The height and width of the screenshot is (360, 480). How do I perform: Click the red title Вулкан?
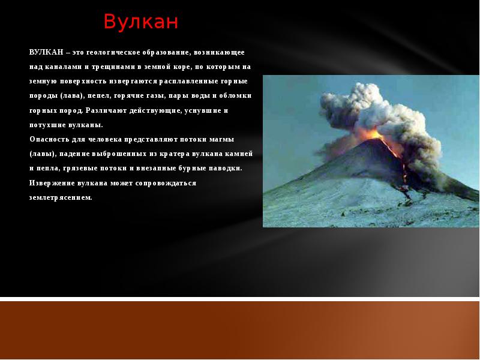click(141, 22)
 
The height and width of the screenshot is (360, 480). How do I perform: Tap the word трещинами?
click(112, 67)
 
